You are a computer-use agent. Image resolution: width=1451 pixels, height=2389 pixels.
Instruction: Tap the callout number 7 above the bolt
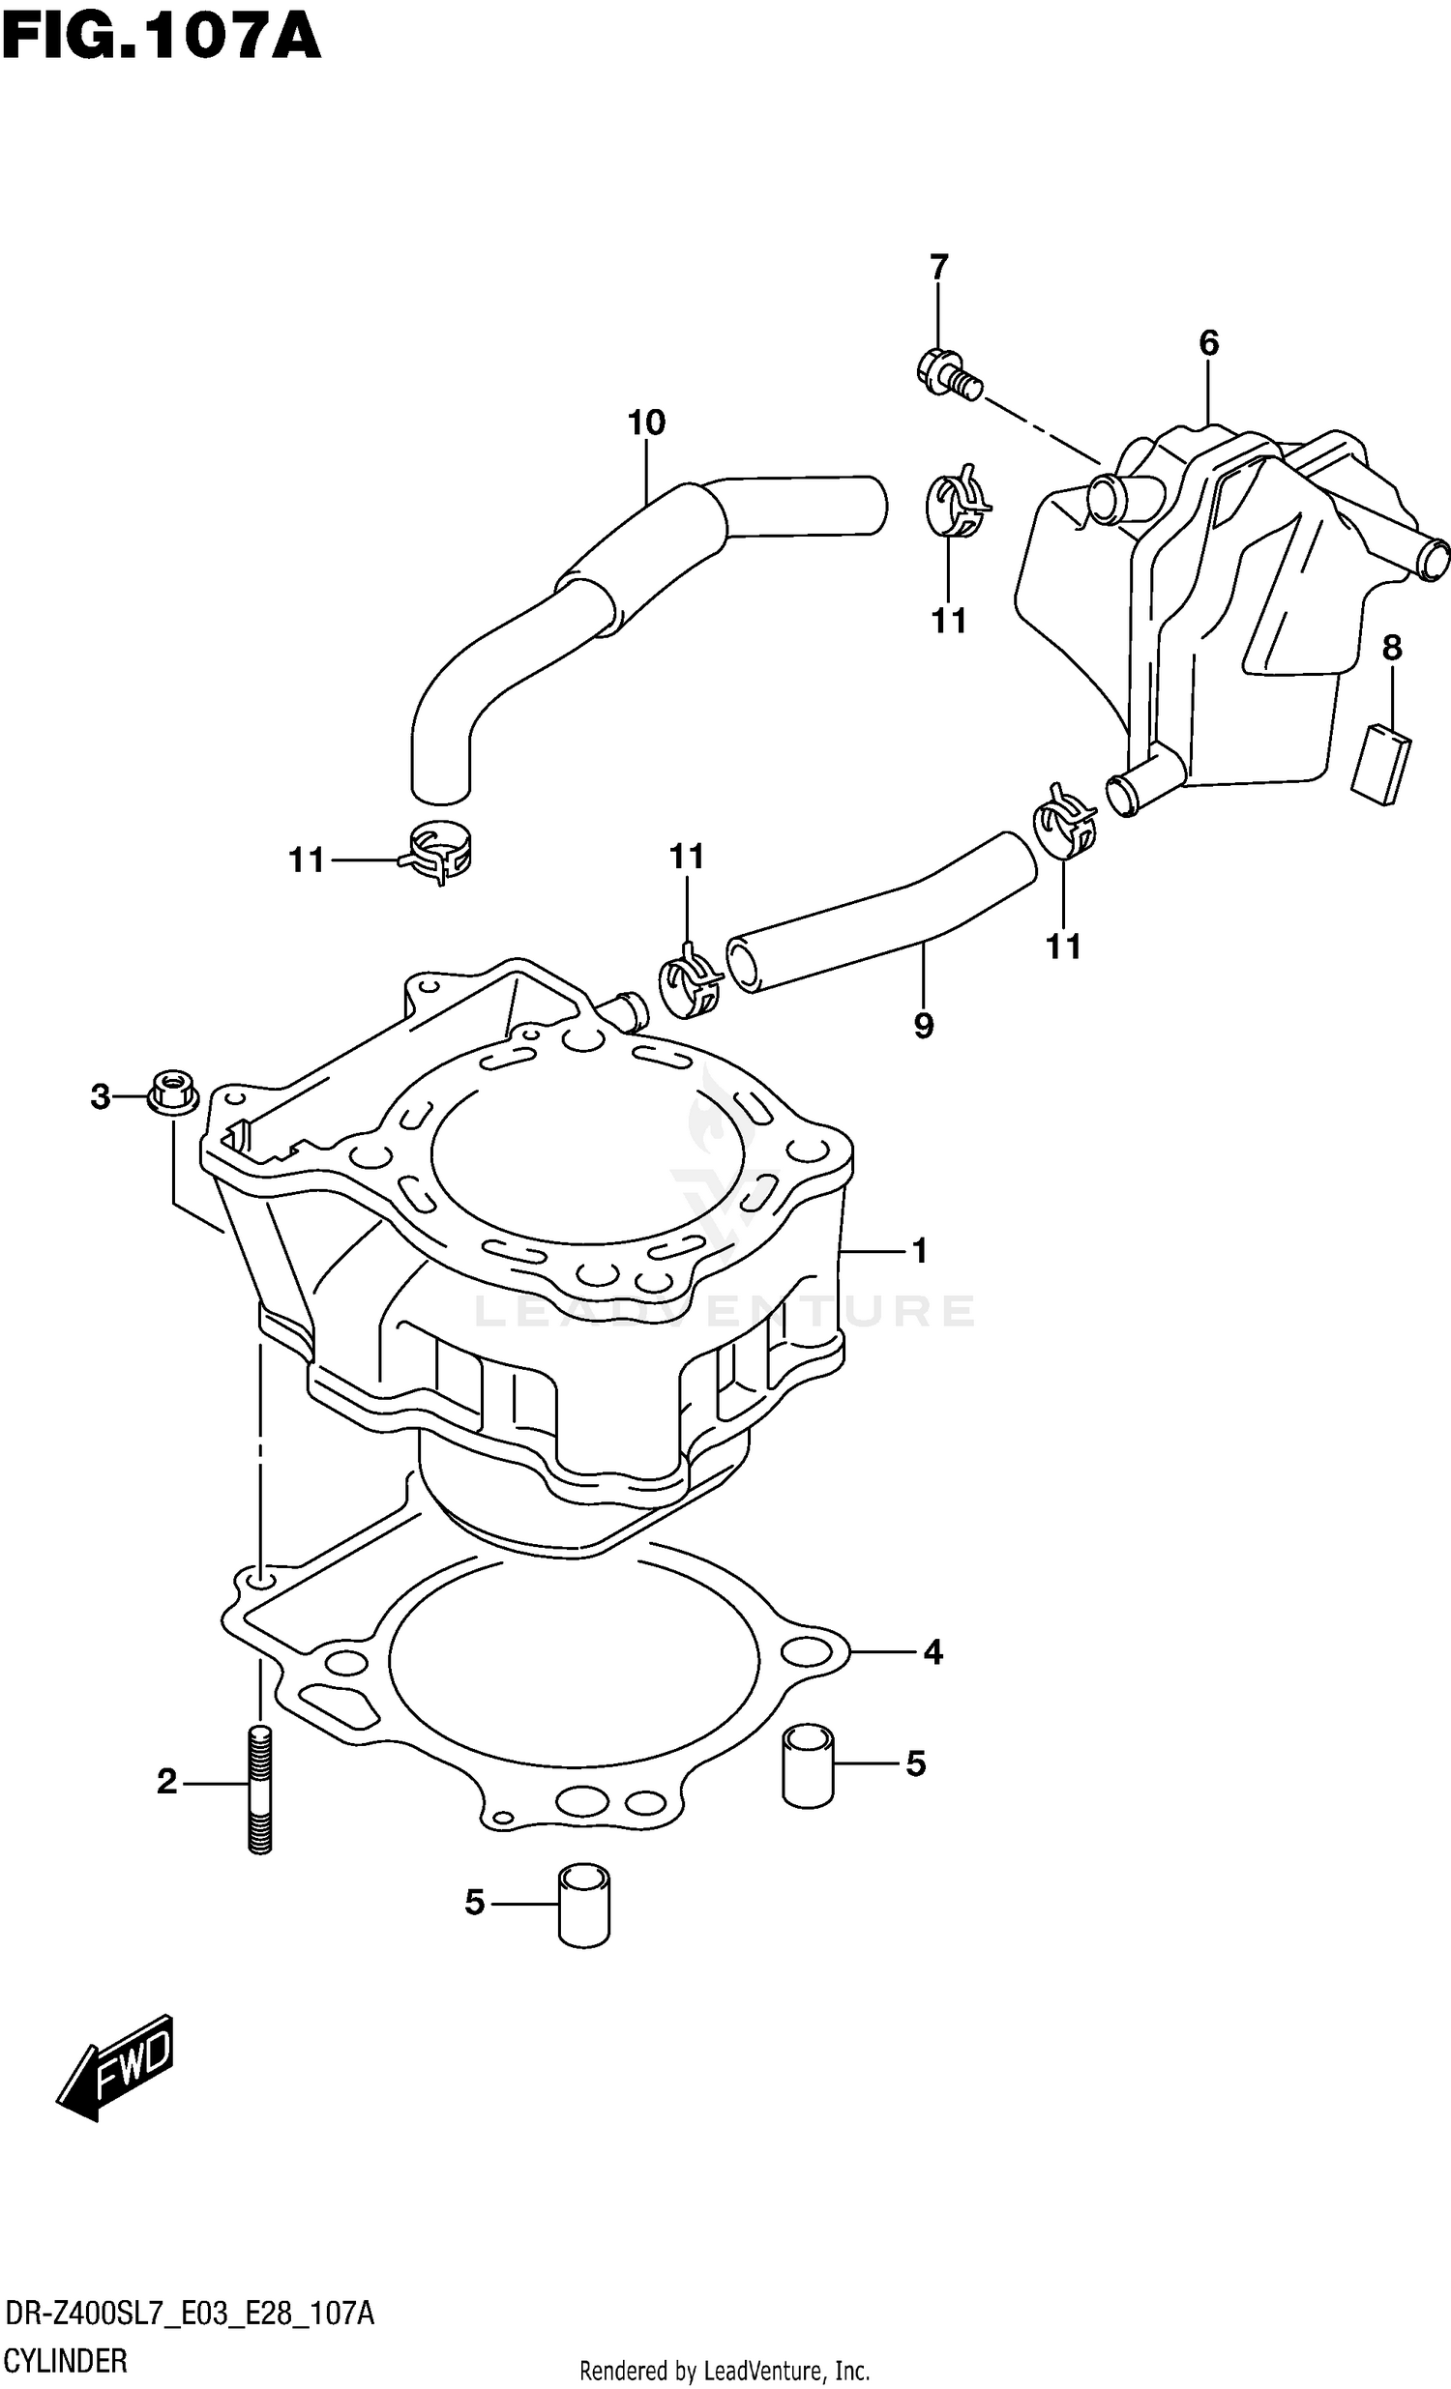(x=938, y=267)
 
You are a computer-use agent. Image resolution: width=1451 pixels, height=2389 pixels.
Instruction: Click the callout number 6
(x=1207, y=342)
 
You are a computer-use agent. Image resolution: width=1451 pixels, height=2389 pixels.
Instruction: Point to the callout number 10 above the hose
(x=646, y=422)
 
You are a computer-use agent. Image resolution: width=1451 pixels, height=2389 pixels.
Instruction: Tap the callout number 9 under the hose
(x=924, y=1025)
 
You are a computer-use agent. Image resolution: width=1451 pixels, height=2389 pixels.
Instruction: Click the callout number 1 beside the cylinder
(x=920, y=1252)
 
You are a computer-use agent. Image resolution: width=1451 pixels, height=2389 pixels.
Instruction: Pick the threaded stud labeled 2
(x=260, y=1789)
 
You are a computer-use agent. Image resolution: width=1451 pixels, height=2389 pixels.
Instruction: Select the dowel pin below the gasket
(x=584, y=1906)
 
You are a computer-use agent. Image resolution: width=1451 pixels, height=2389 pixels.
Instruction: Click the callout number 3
(x=101, y=1097)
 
